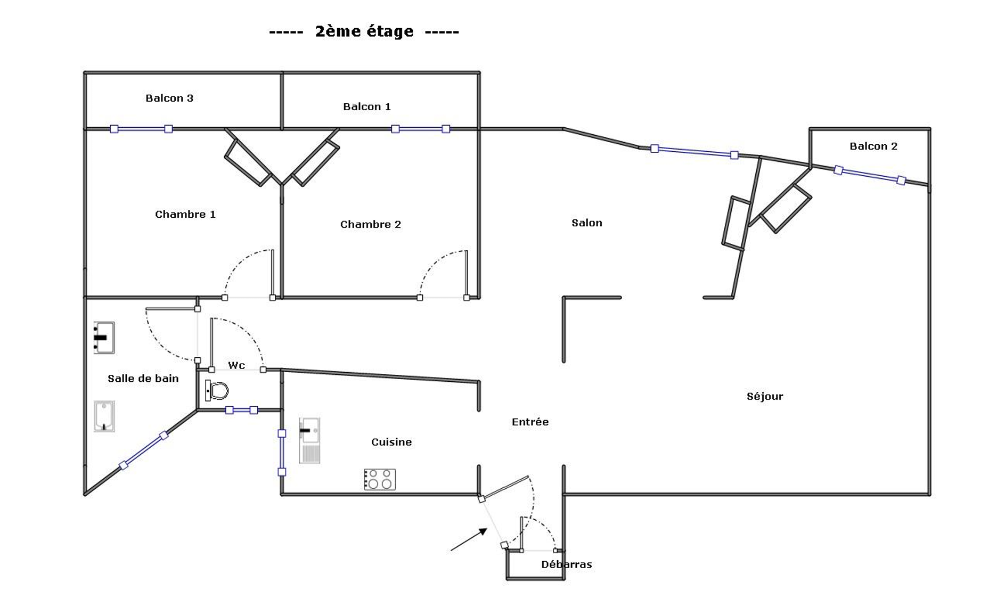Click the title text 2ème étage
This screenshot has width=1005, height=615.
pos(364,31)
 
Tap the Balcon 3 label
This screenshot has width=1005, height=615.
pos(169,98)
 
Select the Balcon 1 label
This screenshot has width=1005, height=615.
pos(367,106)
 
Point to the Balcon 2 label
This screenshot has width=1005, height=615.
pos(873,146)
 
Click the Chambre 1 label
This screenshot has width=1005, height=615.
pos(185,214)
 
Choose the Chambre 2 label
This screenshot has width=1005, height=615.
pos(371,224)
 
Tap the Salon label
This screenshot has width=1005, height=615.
pos(587,223)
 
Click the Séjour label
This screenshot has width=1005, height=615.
pos(765,396)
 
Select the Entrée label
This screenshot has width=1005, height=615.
pos(530,422)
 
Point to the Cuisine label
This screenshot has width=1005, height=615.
pos(391,442)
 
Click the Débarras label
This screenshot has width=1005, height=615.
pos(567,564)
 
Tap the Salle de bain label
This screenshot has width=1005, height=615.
pos(143,379)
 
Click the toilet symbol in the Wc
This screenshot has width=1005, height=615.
pos(217,390)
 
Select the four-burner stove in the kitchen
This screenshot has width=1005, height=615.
pos(380,479)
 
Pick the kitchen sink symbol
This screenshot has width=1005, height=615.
pos(309,440)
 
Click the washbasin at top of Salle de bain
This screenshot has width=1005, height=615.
pos(104,338)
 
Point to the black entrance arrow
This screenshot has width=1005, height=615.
pos(469,539)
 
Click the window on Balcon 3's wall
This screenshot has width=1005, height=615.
pos(141,129)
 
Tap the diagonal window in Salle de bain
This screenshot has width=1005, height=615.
pos(144,450)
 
